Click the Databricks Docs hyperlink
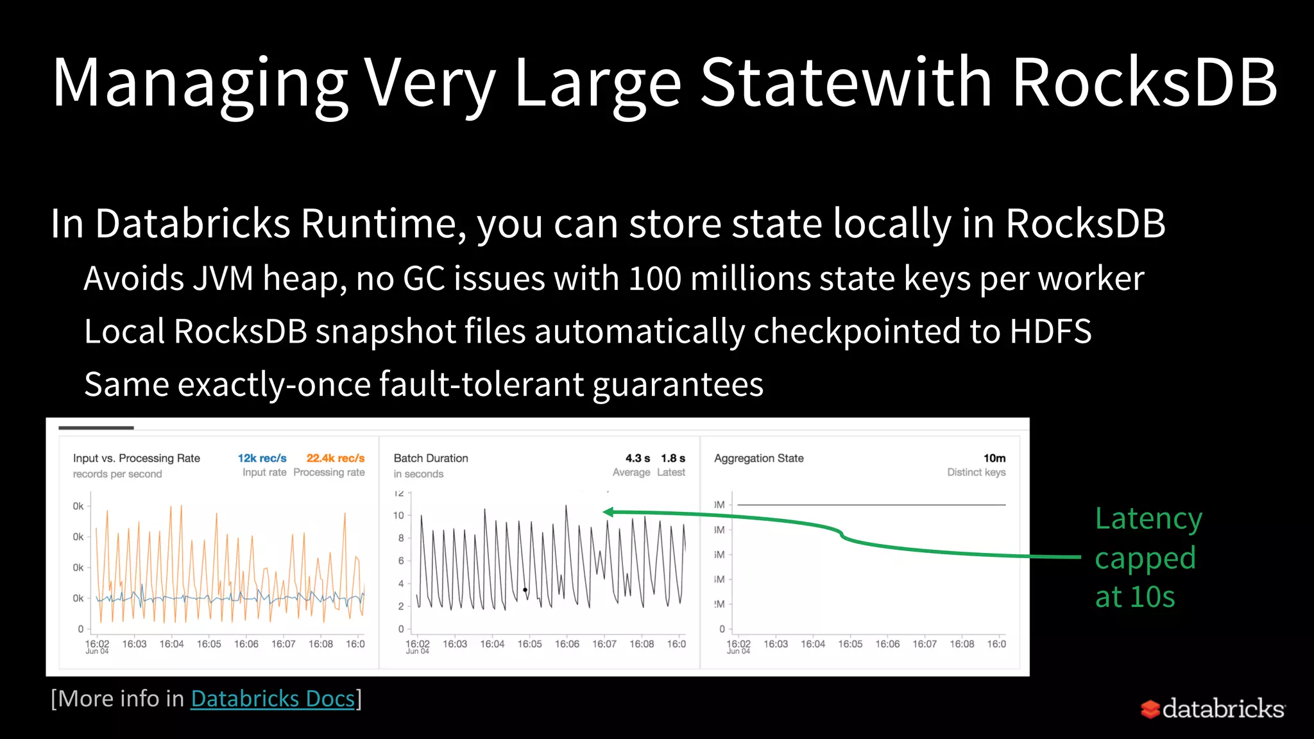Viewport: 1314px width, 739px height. [273, 698]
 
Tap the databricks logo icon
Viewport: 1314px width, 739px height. [1150, 709]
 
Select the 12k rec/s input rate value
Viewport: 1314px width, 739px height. [262, 458]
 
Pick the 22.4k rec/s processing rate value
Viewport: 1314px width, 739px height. [335, 458]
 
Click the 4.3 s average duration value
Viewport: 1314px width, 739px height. [637, 458]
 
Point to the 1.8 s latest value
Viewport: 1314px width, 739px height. [672, 458]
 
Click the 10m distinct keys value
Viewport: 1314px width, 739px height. [994, 458]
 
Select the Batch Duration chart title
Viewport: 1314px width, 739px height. [431, 458]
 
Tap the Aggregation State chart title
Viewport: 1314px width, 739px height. [758, 458]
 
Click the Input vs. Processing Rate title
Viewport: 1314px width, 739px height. [136, 458]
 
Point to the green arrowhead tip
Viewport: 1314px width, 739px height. [605, 512]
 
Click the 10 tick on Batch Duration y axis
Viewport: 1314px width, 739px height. [398, 515]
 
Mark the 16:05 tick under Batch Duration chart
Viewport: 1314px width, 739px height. [529, 643]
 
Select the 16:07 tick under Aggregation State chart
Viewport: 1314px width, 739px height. [925, 643]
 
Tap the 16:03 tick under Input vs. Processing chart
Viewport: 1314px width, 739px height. [134, 643]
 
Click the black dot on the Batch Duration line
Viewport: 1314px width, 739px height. [525, 590]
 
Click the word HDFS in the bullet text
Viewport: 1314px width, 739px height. [1050, 332]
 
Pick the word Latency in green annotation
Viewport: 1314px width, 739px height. [1148, 518]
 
